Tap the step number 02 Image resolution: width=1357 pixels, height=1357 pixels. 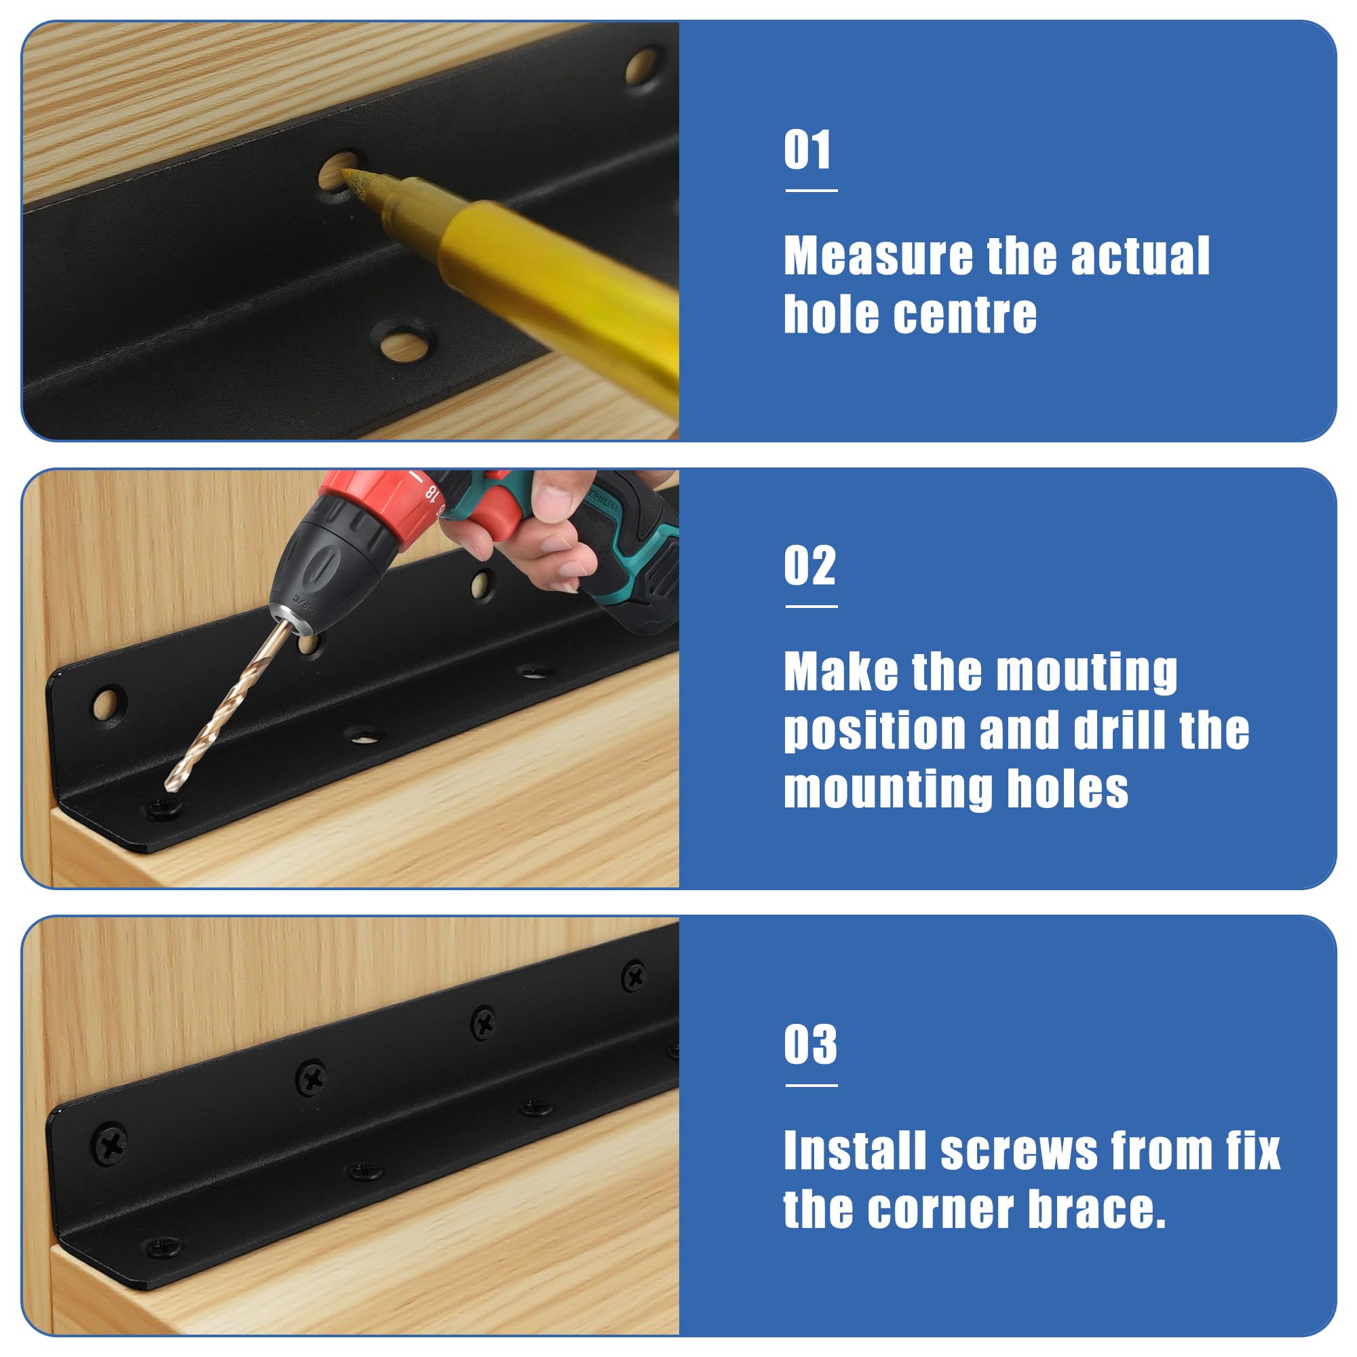(x=810, y=565)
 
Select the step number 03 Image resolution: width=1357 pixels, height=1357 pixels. (x=811, y=1044)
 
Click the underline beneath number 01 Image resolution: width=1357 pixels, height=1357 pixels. (x=811, y=190)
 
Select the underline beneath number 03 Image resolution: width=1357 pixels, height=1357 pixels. (x=811, y=1085)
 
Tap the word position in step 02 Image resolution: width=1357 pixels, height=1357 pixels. (x=875, y=732)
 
